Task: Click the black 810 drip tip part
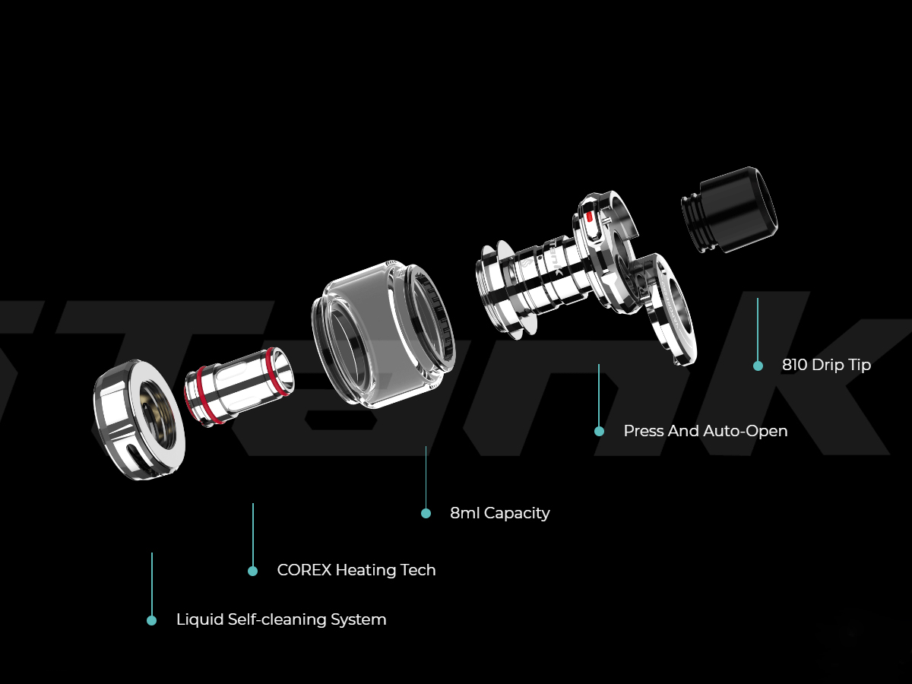point(730,211)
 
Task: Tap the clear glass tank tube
point(383,334)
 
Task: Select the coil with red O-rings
point(239,386)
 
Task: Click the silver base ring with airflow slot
point(139,420)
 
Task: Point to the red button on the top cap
point(589,217)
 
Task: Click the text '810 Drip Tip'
point(826,365)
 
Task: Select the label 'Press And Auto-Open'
point(705,431)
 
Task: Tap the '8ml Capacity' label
point(500,513)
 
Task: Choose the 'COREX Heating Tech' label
point(356,570)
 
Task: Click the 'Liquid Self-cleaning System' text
point(281,619)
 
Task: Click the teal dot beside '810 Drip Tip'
point(758,366)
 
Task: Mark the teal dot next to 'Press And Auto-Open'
point(599,432)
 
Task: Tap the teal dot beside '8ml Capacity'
point(426,514)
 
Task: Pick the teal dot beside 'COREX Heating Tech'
point(252,571)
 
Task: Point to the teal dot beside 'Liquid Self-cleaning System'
point(152,620)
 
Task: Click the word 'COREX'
point(304,570)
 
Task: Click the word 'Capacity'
point(517,514)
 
